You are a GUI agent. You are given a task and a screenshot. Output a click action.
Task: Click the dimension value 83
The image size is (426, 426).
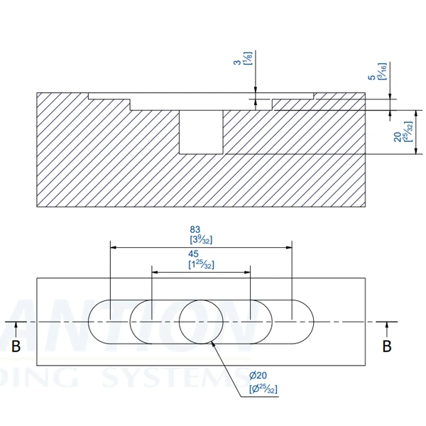[x=195, y=229]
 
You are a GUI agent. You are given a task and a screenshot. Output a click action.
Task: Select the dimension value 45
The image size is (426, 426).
[x=194, y=253]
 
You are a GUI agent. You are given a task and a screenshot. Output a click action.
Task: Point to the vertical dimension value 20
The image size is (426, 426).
[x=396, y=132]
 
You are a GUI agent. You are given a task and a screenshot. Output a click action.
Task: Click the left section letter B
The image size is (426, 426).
[x=16, y=346]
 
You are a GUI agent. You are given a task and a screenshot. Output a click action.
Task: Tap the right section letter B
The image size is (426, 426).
[x=387, y=346]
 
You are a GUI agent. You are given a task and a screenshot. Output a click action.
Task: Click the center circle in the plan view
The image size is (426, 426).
[x=200, y=322]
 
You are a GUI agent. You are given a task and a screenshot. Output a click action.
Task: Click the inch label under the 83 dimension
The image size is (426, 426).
[x=199, y=241]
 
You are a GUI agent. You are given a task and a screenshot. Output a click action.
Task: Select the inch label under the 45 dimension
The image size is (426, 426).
[x=201, y=265]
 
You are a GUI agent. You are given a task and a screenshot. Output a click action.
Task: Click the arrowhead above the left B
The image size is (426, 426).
[x=16, y=327]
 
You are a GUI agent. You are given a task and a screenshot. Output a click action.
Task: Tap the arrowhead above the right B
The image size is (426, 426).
[x=387, y=327]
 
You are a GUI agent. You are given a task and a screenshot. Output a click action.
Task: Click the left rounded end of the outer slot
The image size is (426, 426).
[x=98, y=322]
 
